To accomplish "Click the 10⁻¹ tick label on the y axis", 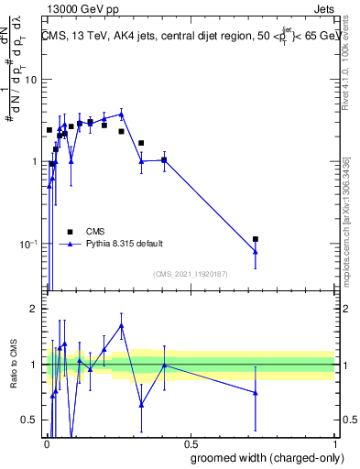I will coord(28,244).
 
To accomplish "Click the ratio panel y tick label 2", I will coord(35,310).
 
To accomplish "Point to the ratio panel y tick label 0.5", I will coord(29,420).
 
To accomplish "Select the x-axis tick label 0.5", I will coord(190,442).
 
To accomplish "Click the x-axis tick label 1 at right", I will coord(334,442).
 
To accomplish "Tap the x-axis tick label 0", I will coord(47,442).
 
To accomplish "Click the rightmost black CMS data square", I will coord(256,239).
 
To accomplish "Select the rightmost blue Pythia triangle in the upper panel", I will coord(256,252).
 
